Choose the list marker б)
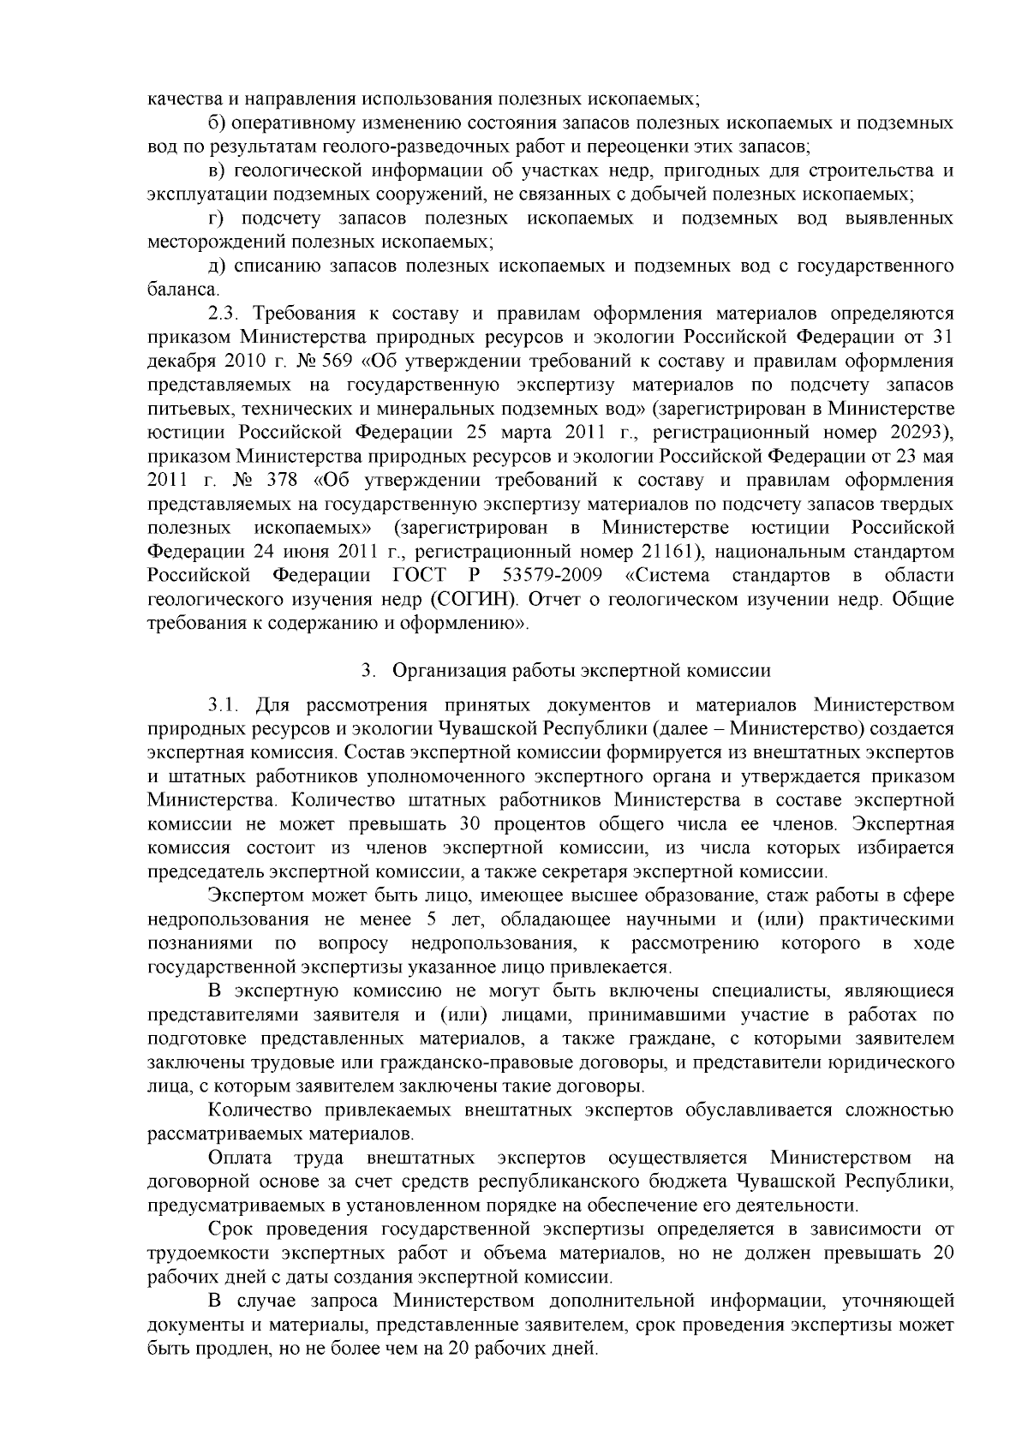(x=216, y=123)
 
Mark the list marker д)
(x=216, y=267)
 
